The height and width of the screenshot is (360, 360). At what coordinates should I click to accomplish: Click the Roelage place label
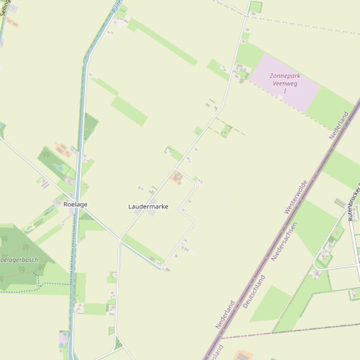click(75, 204)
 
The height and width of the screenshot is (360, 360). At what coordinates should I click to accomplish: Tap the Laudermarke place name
click(148, 206)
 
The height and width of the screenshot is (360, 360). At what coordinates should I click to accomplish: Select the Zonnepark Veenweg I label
click(285, 82)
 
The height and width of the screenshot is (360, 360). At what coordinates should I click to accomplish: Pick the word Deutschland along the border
click(254, 291)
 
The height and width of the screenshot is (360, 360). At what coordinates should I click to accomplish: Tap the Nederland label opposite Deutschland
click(225, 315)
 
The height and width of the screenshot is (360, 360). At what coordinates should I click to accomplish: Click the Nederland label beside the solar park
click(339, 125)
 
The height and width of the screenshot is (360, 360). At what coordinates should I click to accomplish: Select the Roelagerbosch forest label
click(19, 259)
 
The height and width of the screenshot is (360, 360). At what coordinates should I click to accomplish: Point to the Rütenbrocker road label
click(353, 201)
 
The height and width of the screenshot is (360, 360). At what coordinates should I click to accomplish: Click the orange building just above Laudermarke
click(176, 177)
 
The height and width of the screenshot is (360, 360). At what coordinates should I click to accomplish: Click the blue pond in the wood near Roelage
click(58, 167)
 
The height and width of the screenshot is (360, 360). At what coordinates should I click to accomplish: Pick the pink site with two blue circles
click(63, 338)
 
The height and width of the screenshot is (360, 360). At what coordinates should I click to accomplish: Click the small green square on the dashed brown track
click(226, 132)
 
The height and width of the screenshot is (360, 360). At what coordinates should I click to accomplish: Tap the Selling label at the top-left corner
click(5, 8)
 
